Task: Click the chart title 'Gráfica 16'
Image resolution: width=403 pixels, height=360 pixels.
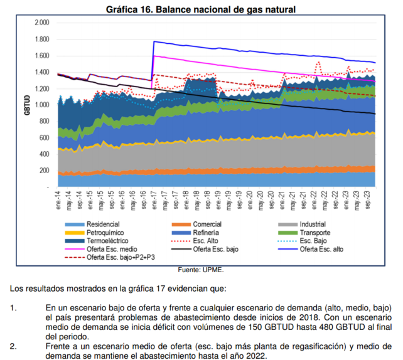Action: coord(201,9)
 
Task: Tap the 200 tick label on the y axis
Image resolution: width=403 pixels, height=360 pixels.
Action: coord(43,171)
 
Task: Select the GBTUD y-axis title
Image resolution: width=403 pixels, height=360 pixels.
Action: coord(27,105)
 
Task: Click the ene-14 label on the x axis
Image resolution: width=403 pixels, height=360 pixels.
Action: coord(57,199)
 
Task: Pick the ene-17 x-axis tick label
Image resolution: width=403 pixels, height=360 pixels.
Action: coord(153,199)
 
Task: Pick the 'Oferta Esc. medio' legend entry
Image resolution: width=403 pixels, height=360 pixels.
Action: coord(112,248)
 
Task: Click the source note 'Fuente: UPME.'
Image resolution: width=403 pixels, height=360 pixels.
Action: coord(201,270)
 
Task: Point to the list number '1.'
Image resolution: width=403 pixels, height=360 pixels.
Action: coord(13,309)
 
